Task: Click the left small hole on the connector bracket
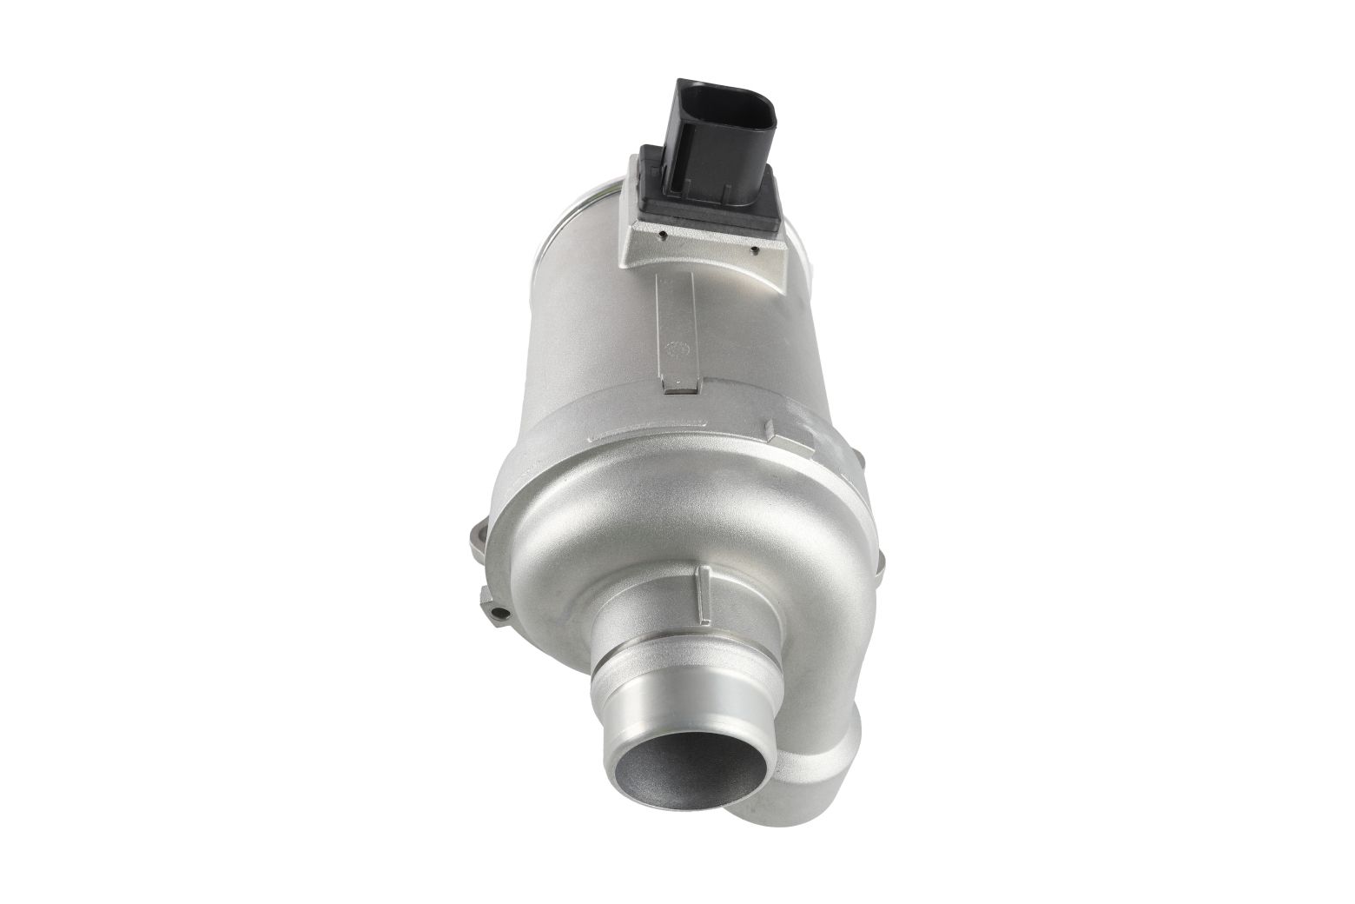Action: [x=663, y=234]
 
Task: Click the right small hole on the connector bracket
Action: [x=754, y=249]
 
